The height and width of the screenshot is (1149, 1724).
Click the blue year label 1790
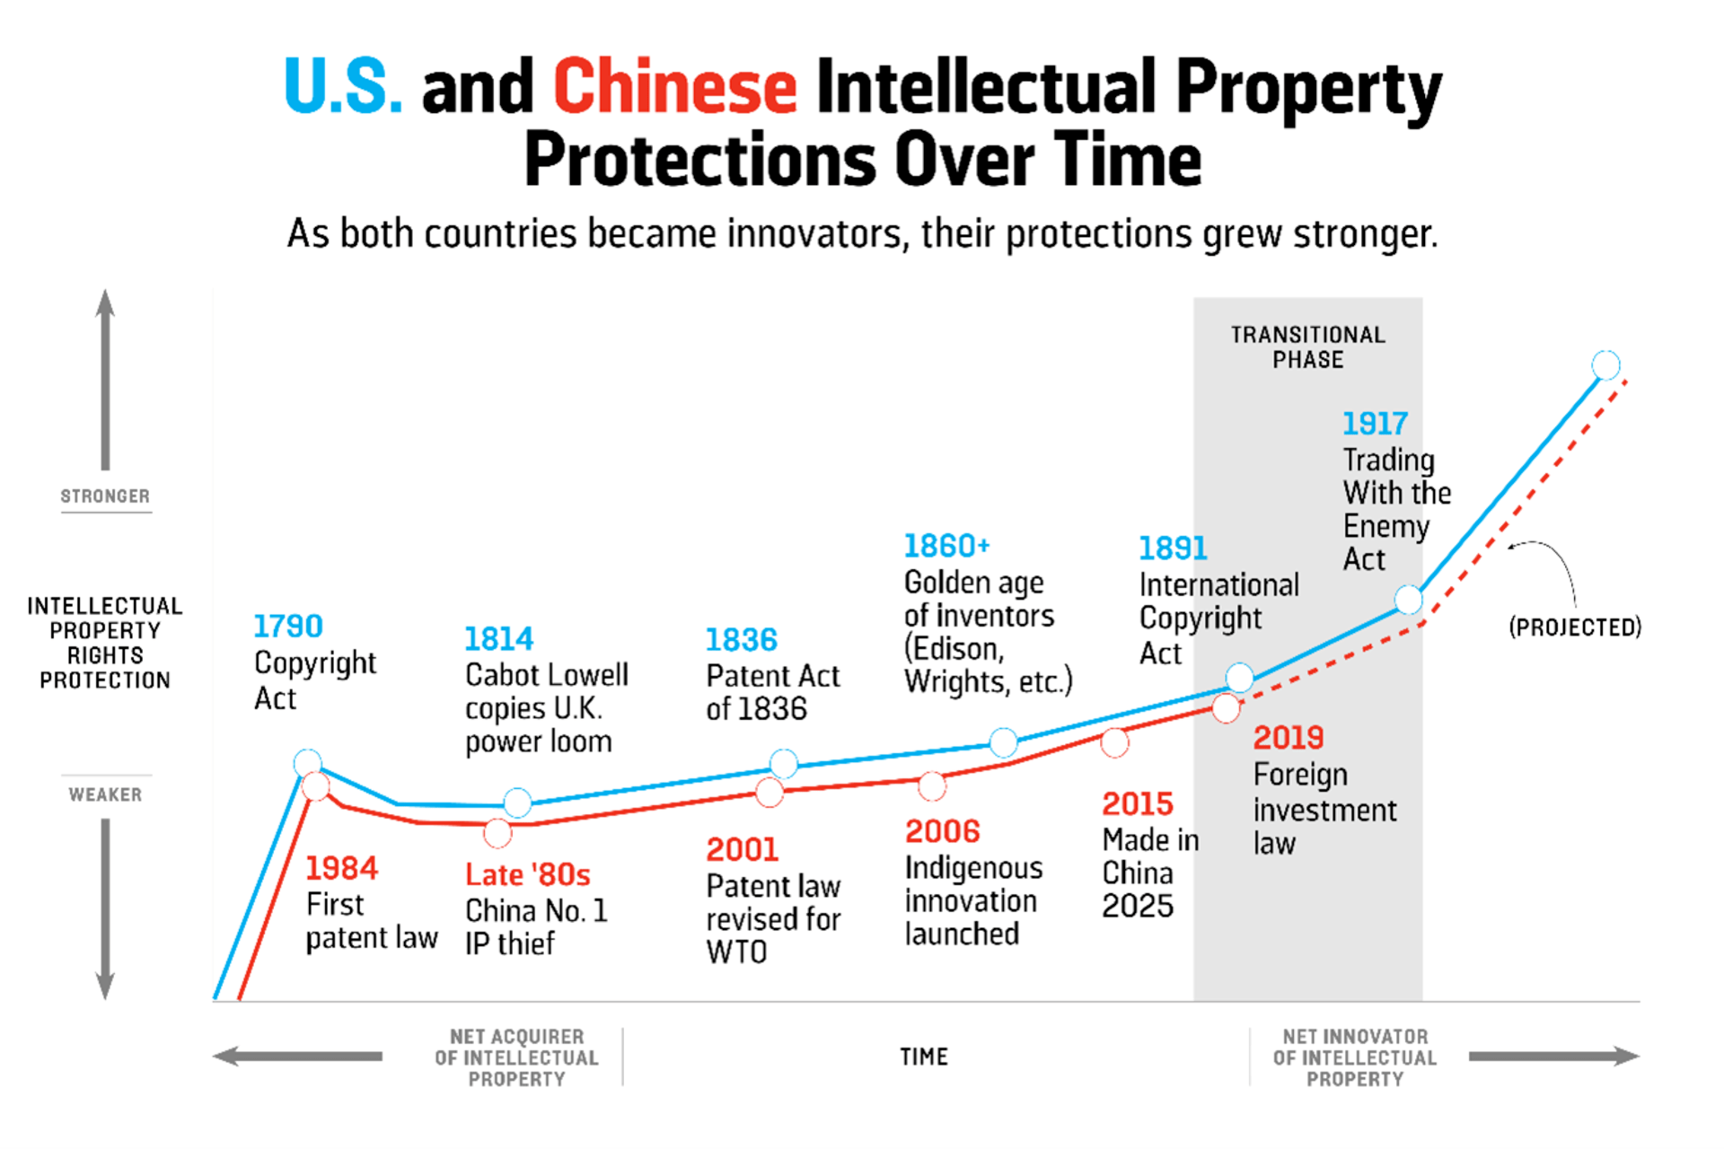tap(287, 626)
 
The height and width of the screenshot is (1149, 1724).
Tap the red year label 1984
tap(341, 868)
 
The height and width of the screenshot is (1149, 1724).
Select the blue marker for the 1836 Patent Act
tap(783, 763)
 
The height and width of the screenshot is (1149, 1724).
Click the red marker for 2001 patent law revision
tap(770, 792)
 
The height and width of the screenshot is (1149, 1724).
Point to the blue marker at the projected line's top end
tap(1605, 364)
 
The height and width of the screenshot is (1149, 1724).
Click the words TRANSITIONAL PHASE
tap(1307, 347)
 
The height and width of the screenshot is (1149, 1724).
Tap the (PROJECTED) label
tap(1575, 627)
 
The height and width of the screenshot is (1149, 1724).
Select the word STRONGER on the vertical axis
tap(105, 496)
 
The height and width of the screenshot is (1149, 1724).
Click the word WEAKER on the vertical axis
tap(105, 794)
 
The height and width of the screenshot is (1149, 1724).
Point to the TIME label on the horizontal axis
tap(924, 1057)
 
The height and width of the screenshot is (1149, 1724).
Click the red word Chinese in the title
tap(674, 87)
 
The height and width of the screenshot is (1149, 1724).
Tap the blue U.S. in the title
tap(342, 87)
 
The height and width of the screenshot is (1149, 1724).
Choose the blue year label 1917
tap(1375, 423)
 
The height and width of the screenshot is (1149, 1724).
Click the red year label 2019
tap(1289, 738)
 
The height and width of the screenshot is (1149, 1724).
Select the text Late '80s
tap(527, 874)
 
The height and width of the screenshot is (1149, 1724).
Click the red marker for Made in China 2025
tap(1114, 742)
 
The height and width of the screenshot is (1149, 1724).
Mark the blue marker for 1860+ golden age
tap(1003, 741)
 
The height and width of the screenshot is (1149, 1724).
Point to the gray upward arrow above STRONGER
tap(105, 377)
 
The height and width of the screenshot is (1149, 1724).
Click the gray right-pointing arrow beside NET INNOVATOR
tap(1553, 1056)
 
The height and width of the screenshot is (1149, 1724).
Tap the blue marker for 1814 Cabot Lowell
tap(517, 802)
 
